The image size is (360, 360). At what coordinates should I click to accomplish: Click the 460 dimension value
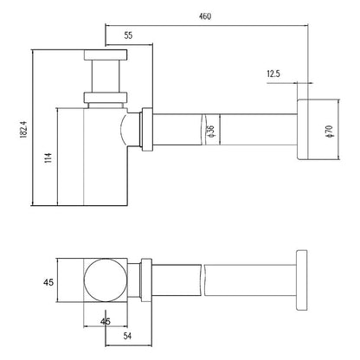205,16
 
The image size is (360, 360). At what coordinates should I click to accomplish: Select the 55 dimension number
128,35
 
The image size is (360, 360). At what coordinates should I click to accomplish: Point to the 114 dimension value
48,157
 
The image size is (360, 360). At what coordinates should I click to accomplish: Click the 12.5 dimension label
273,74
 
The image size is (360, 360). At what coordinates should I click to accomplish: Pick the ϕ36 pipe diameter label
210,131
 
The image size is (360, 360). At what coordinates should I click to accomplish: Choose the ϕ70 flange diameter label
329,132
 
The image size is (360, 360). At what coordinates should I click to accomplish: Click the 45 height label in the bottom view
48,282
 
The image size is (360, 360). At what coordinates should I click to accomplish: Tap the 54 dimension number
127,336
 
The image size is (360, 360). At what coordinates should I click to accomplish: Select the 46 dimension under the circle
106,321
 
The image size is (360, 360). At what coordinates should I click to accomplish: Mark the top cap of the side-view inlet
106,55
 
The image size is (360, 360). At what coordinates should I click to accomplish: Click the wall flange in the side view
303,129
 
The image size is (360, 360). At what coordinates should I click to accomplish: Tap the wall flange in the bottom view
302,280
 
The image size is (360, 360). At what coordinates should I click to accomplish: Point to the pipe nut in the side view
147,129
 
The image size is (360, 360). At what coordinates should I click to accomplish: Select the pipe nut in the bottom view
146,280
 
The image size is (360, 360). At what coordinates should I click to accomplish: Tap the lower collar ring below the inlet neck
106,97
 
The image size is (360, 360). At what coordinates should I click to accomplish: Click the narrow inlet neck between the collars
106,76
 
